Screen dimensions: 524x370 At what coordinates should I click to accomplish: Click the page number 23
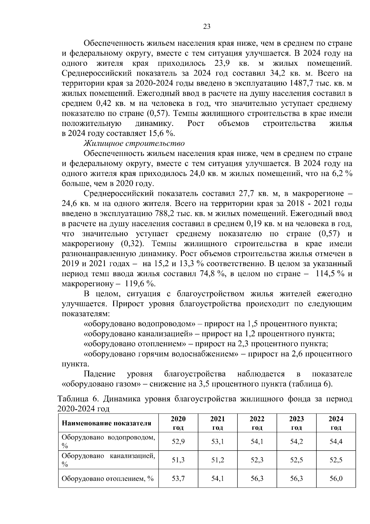pos(207,27)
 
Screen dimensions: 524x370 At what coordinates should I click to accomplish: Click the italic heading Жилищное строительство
pos(134,144)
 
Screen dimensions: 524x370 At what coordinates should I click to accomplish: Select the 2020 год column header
pos(178,423)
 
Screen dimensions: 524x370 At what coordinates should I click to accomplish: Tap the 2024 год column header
pos(336,423)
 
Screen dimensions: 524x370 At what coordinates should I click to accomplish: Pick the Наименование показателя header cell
pos(107,423)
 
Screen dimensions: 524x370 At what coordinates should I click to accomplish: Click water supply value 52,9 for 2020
pos(178,442)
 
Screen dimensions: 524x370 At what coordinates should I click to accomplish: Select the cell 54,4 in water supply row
pos(336,442)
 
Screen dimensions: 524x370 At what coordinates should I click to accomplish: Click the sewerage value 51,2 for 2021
pos(218,460)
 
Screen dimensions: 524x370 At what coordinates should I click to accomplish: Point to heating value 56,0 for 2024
pos(336,479)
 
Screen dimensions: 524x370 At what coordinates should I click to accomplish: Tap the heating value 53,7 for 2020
pos(178,479)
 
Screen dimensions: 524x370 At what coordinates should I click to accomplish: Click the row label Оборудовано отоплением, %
pos(108,479)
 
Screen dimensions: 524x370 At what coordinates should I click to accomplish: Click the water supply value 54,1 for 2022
pos(257,442)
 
